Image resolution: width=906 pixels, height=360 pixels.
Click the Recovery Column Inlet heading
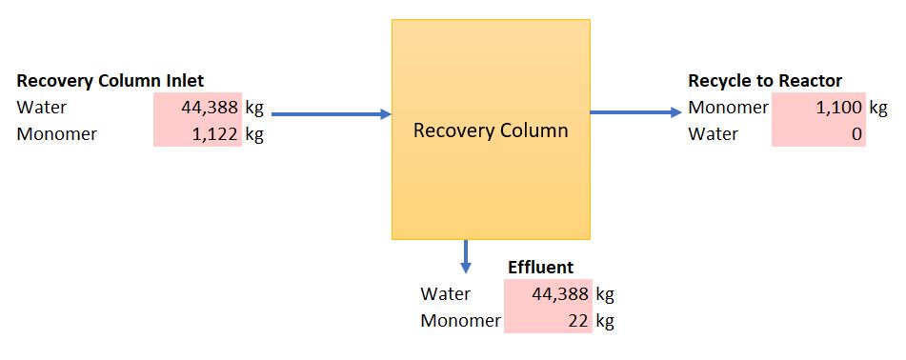[x=111, y=81]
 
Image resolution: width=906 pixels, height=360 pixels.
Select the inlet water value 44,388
[x=210, y=108]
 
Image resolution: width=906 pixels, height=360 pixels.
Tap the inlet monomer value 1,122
[x=214, y=134]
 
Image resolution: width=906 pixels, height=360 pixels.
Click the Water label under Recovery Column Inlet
[x=42, y=108]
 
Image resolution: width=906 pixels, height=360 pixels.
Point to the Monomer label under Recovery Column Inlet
[x=56, y=134]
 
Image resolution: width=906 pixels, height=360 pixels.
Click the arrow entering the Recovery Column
[x=332, y=114]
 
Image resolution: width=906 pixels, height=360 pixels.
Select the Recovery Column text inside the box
[x=491, y=130]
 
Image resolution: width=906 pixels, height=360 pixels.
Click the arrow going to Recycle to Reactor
[x=636, y=112]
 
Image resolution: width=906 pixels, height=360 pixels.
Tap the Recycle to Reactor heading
[x=765, y=81]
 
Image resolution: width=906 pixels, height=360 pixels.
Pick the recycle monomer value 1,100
[x=839, y=108]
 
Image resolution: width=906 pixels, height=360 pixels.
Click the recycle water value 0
[x=856, y=134]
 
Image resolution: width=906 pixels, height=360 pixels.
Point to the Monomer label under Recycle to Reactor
[x=729, y=108]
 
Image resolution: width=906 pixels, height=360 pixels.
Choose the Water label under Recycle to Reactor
[x=713, y=134]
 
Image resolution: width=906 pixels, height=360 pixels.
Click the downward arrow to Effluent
[x=466, y=256]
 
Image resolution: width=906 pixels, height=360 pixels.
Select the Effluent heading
[x=541, y=268]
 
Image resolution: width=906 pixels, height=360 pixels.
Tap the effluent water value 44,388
[x=560, y=294]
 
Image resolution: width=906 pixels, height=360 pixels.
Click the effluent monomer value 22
[x=578, y=321]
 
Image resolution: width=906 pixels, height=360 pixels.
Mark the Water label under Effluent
[x=446, y=294]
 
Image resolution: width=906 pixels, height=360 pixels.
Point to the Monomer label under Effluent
[x=460, y=321]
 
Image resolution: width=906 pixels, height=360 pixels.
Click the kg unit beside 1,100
[x=878, y=108]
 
